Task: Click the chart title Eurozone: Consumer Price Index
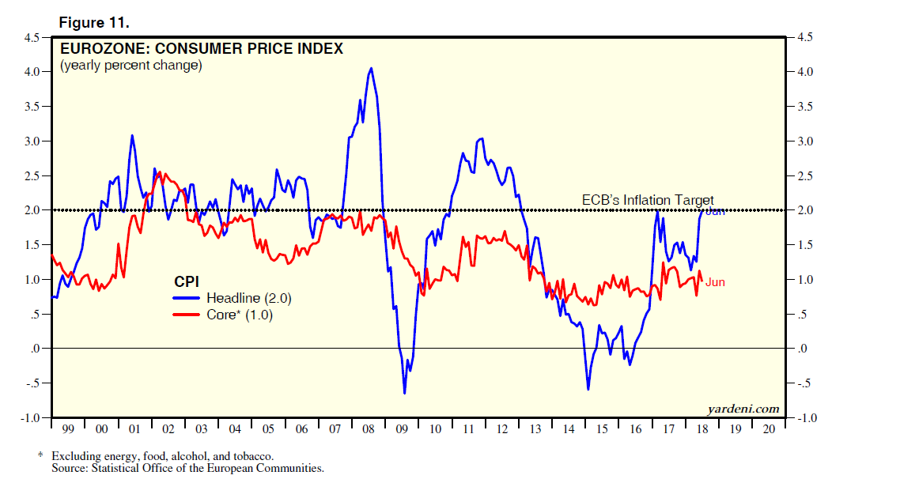click(202, 48)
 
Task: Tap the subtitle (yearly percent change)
click(131, 66)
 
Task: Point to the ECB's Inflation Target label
click(648, 200)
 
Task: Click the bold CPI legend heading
click(187, 281)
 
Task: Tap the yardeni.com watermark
click(742, 409)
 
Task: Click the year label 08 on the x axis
click(368, 429)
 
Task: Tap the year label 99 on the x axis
click(68, 429)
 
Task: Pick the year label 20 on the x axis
click(770, 429)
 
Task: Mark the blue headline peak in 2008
click(371, 69)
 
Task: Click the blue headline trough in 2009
click(404, 393)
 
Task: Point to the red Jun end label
click(715, 282)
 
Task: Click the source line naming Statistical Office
click(187, 468)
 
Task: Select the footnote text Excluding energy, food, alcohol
click(162, 456)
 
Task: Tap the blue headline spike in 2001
click(132, 136)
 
